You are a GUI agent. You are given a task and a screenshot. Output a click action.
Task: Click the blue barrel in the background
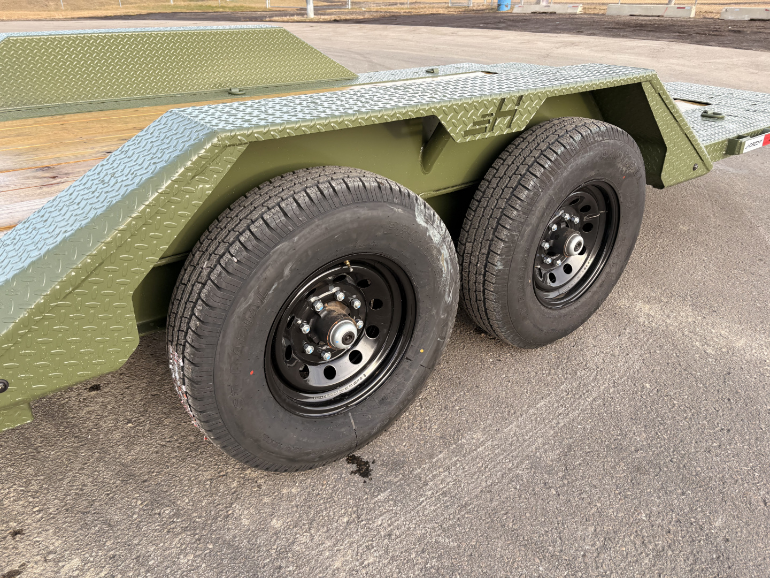coord(504,5)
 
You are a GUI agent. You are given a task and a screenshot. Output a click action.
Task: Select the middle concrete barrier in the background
coord(650,10)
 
